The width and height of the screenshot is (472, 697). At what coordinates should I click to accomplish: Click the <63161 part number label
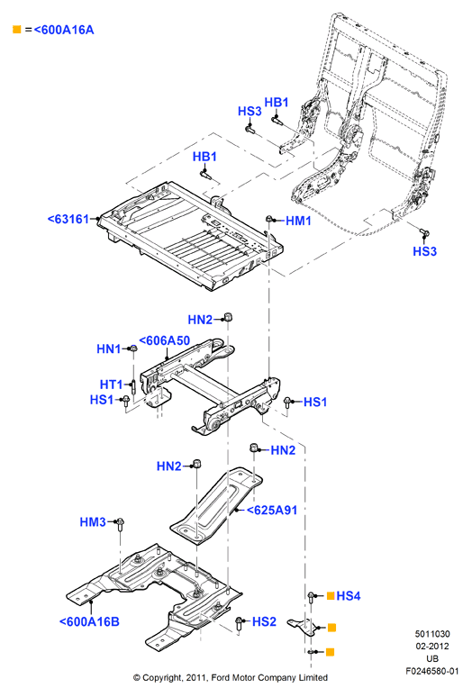[x=68, y=219]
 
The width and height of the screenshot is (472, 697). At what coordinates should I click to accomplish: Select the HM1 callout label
[x=298, y=221]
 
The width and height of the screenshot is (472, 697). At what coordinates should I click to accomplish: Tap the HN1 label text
[x=108, y=348]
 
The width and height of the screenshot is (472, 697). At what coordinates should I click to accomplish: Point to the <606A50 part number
[x=165, y=340]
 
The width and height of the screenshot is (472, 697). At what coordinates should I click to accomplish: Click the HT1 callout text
[x=111, y=384]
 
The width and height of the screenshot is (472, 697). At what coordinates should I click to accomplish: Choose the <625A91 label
[x=271, y=510]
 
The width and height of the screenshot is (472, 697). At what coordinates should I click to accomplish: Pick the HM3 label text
[x=93, y=522]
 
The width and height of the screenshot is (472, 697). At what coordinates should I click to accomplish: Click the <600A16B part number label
[x=89, y=621]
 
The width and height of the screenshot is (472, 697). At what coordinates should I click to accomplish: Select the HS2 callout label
[x=264, y=621]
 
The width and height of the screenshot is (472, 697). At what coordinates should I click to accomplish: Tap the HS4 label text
[x=349, y=595]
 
